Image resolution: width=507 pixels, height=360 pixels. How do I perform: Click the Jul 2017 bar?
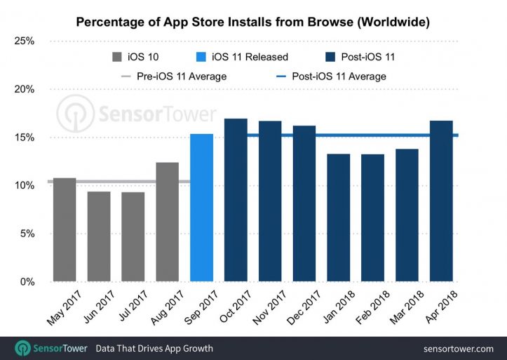[x=133, y=236]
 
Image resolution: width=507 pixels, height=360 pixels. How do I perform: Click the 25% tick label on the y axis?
[x=25, y=41]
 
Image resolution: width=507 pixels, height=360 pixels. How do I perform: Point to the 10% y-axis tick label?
[x=25, y=186]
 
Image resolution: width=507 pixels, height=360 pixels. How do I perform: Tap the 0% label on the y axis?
[x=27, y=282]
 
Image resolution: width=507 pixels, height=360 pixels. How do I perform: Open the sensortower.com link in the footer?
[x=459, y=348]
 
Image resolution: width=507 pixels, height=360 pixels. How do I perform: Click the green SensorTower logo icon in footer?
[x=23, y=348]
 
